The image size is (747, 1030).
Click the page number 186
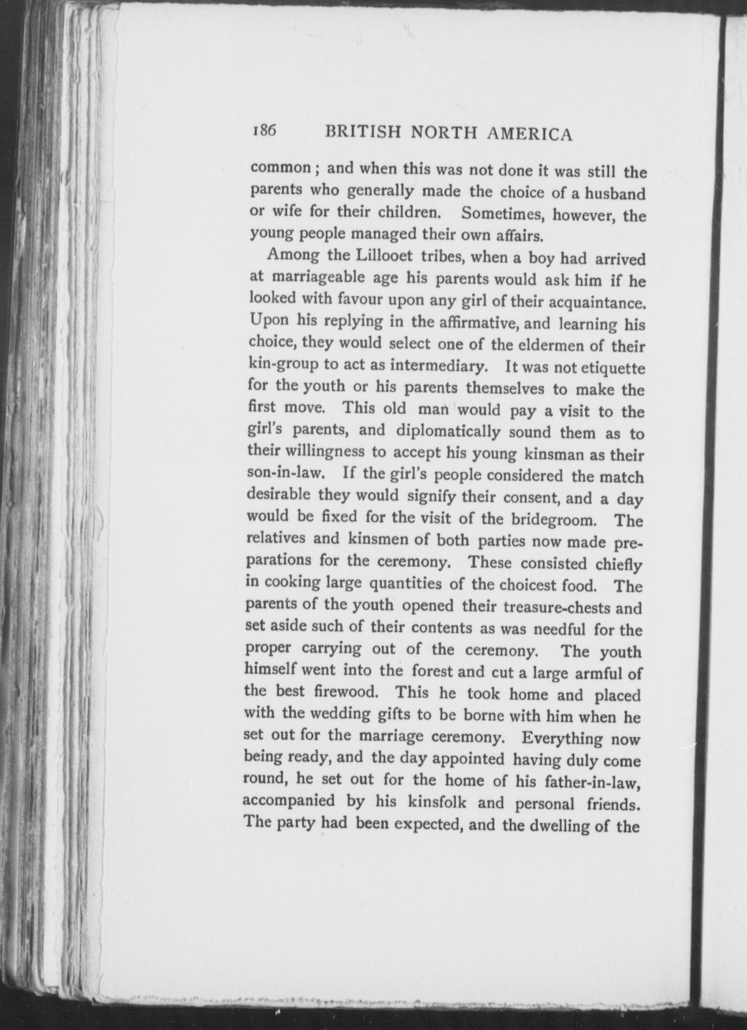(x=264, y=131)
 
